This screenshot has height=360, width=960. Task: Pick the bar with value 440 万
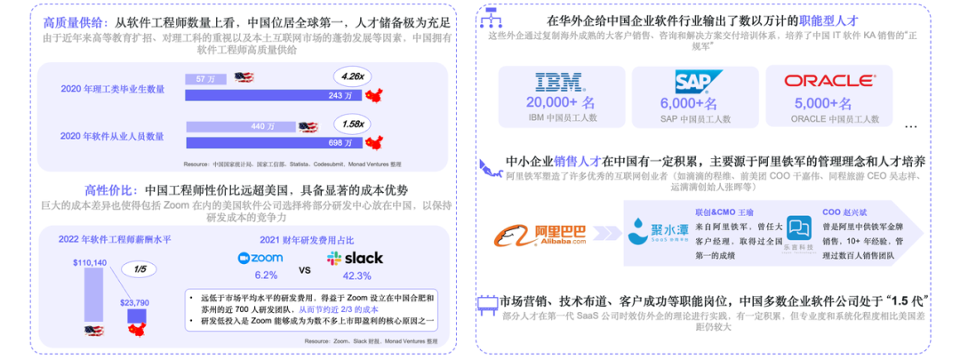240,127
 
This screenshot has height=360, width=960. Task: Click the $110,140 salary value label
90,262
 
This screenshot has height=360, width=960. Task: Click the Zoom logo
260,259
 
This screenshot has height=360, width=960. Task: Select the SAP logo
692,83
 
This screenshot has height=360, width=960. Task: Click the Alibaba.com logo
541,237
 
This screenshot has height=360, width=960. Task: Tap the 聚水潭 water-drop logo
644,233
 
